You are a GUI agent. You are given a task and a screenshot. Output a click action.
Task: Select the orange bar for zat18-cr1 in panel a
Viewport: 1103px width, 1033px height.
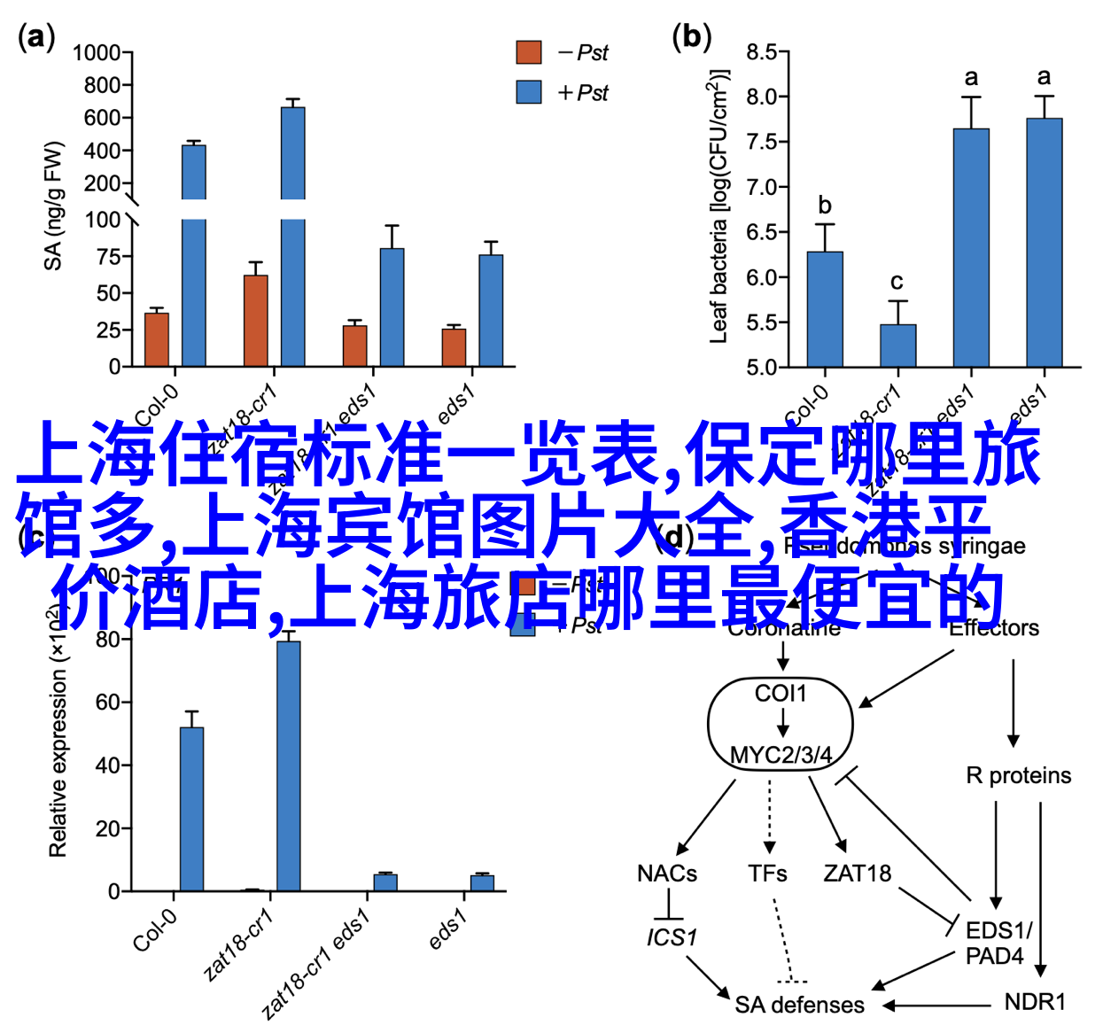[x=256, y=321]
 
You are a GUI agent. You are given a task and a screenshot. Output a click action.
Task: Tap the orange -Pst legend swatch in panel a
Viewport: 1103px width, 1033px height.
[x=529, y=52]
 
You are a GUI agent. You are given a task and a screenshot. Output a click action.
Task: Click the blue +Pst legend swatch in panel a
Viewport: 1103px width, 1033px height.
[x=529, y=92]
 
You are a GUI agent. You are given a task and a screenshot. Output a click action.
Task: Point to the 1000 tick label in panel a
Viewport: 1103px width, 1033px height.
[x=97, y=53]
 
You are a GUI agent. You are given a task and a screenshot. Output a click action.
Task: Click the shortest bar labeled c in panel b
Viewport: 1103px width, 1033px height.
[x=897, y=346]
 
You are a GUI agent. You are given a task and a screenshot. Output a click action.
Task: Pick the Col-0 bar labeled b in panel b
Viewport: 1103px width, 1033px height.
[x=825, y=309]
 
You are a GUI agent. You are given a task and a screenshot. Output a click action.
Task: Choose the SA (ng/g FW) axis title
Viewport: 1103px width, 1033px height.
[x=54, y=206]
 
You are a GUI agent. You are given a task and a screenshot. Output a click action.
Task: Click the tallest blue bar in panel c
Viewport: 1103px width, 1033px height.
[x=288, y=765]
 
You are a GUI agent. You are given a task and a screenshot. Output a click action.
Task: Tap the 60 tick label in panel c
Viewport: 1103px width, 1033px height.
[x=107, y=703]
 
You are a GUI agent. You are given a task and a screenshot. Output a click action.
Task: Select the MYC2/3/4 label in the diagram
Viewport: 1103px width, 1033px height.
[x=781, y=756]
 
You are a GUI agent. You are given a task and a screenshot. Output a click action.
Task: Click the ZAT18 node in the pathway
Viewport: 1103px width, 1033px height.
[x=857, y=874]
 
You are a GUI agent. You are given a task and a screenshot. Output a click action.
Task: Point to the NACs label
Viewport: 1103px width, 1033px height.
[x=667, y=874]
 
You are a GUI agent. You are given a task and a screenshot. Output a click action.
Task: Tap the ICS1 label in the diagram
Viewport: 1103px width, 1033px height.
[x=672, y=937]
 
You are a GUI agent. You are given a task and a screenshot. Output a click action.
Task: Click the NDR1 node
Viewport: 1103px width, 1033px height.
[x=1035, y=1002]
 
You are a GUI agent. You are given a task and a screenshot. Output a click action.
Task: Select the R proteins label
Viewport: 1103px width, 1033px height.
[x=1018, y=776]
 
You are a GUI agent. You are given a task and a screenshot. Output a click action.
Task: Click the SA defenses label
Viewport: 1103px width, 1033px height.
[x=799, y=1005]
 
